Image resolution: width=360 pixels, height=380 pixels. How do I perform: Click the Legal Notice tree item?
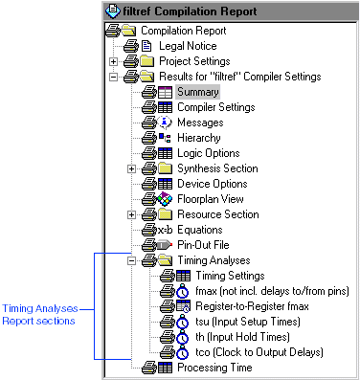coord(188,46)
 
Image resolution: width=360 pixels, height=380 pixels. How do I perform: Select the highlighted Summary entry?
coord(197,92)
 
